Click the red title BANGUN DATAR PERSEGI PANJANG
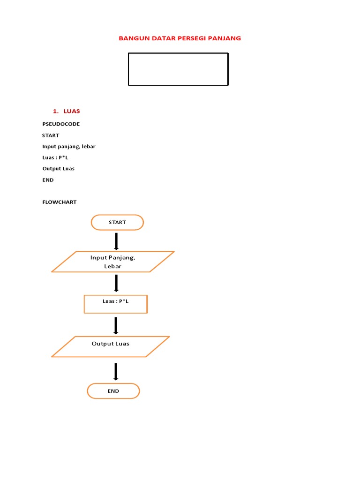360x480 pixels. point(180,38)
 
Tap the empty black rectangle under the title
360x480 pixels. point(178,69)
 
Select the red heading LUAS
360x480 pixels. point(72,111)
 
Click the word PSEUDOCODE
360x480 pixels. point(61,124)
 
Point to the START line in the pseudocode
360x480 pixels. point(51,135)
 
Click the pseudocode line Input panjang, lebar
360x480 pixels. point(69,146)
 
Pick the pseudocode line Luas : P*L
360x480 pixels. point(55,157)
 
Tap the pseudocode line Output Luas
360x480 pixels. point(59,169)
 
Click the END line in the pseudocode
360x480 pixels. point(48,180)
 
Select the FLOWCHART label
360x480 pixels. point(60,202)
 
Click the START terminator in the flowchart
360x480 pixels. point(117,222)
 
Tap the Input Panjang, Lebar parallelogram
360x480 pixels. point(113,262)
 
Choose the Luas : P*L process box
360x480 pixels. point(116,304)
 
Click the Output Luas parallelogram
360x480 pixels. point(111,346)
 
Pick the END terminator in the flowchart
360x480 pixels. point(113,391)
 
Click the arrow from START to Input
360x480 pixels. point(116,241)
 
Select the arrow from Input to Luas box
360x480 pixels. point(116,283)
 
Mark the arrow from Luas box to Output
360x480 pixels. point(116,325)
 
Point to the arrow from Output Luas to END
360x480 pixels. point(116,372)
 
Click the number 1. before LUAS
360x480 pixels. point(55,111)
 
